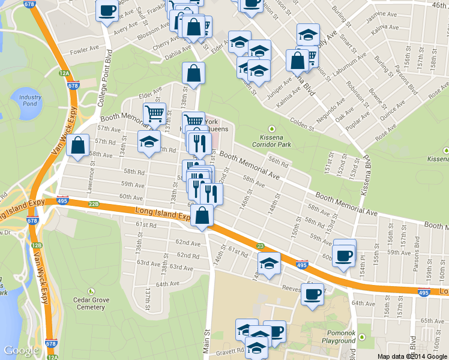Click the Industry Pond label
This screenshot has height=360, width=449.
[30, 101]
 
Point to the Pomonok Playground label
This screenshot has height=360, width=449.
[338, 337]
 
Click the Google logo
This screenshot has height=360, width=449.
[21, 350]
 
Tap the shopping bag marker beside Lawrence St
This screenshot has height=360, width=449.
[78, 146]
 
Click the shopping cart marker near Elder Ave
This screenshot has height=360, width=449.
[154, 113]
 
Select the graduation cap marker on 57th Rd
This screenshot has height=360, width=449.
[149, 142]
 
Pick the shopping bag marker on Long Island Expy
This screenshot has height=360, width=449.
[202, 216]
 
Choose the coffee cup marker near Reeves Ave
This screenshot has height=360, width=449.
[312, 295]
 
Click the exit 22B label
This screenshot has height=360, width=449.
[94, 204]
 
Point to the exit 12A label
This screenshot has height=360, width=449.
[64, 73]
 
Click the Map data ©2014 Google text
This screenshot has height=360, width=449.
[412, 356]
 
